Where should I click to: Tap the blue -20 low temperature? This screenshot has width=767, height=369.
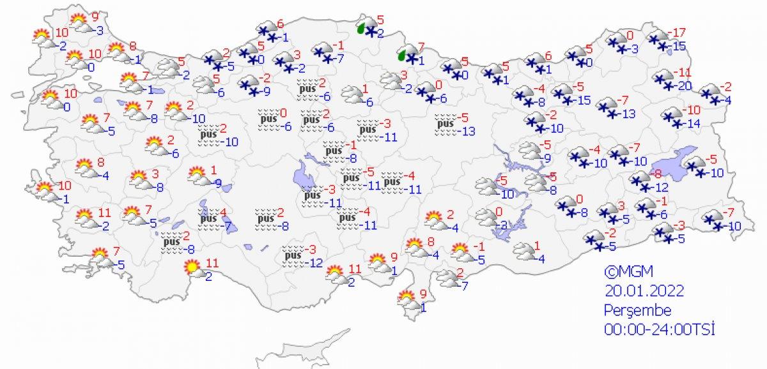click(684, 86)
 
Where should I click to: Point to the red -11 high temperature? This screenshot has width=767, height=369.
click(685, 73)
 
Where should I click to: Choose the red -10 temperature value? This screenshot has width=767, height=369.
click(693, 109)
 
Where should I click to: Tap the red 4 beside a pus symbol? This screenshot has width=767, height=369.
click(223, 213)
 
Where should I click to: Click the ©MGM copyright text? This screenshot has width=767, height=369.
click(623, 271)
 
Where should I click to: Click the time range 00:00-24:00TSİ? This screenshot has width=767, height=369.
click(658, 329)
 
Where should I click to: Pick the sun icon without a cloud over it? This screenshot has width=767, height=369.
click(191, 266)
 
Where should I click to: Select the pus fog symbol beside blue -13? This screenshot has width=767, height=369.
click(445, 124)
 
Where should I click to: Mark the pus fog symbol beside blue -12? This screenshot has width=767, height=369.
click(293, 255)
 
